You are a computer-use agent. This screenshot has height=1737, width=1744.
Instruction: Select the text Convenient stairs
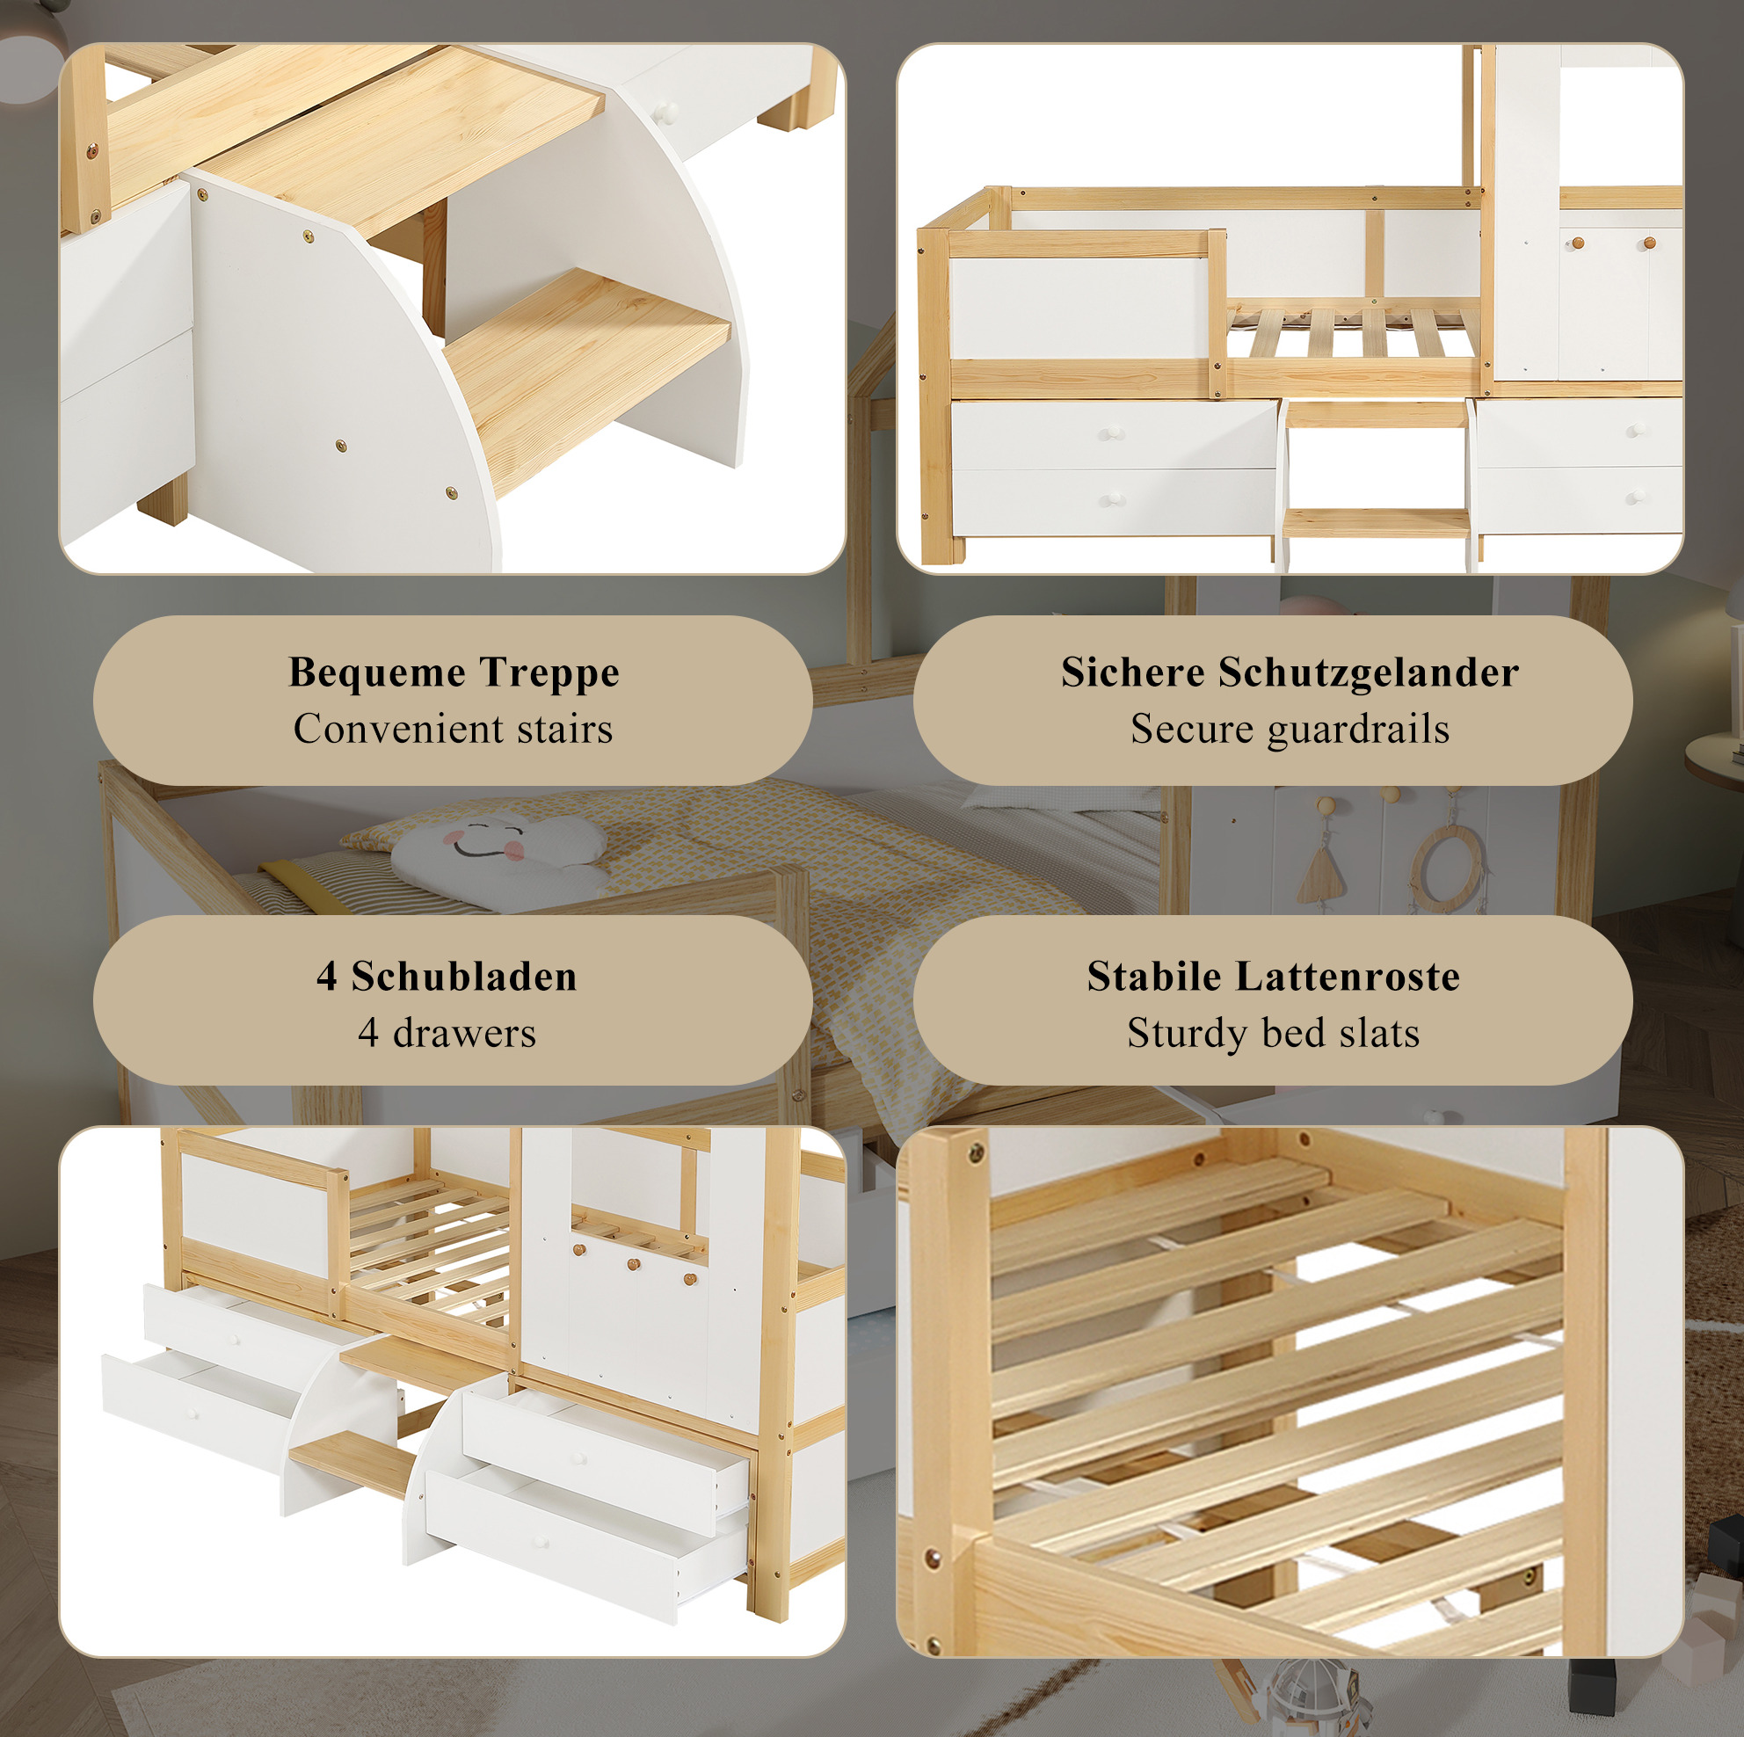click(x=454, y=729)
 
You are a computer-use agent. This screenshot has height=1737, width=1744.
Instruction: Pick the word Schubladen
click(x=464, y=976)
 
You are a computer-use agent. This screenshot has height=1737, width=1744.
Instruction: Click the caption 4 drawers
click(x=447, y=1033)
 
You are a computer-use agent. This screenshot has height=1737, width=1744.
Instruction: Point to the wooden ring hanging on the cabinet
click(x=1446, y=867)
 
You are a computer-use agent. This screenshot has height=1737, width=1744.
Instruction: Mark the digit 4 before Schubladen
click(x=327, y=977)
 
